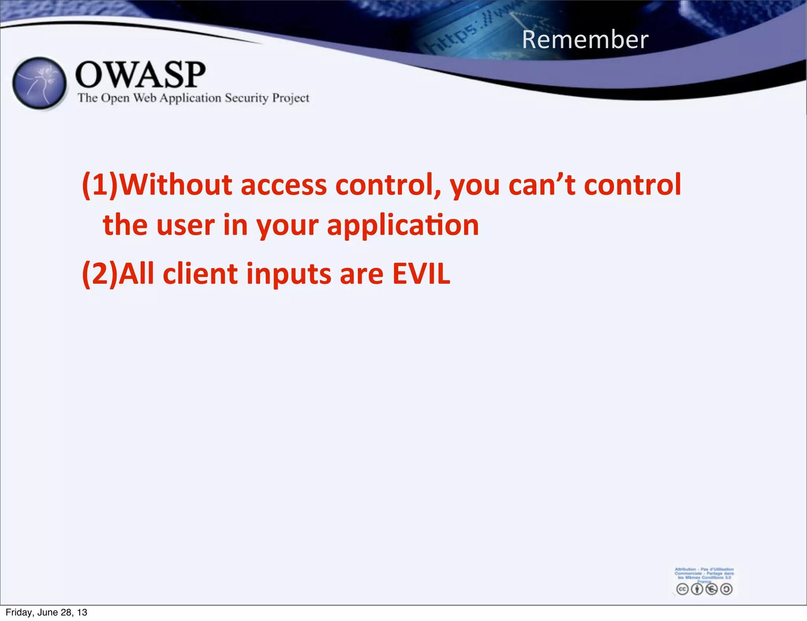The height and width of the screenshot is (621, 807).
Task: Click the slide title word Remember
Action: (x=585, y=40)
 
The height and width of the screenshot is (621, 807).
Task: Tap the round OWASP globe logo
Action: (x=39, y=83)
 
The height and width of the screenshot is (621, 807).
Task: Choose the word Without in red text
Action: (x=176, y=184)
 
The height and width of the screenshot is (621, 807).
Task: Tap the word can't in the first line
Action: (x=542, y=184)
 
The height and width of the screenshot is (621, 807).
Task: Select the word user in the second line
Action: (x=186, y=225)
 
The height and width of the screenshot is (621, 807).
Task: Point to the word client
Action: (x=200, y=273)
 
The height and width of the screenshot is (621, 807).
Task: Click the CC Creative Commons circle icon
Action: (x=682, y=589)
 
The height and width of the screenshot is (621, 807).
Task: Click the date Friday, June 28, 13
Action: (x=46, y=612)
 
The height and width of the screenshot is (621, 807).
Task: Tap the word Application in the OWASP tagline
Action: (x=190, y=98)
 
